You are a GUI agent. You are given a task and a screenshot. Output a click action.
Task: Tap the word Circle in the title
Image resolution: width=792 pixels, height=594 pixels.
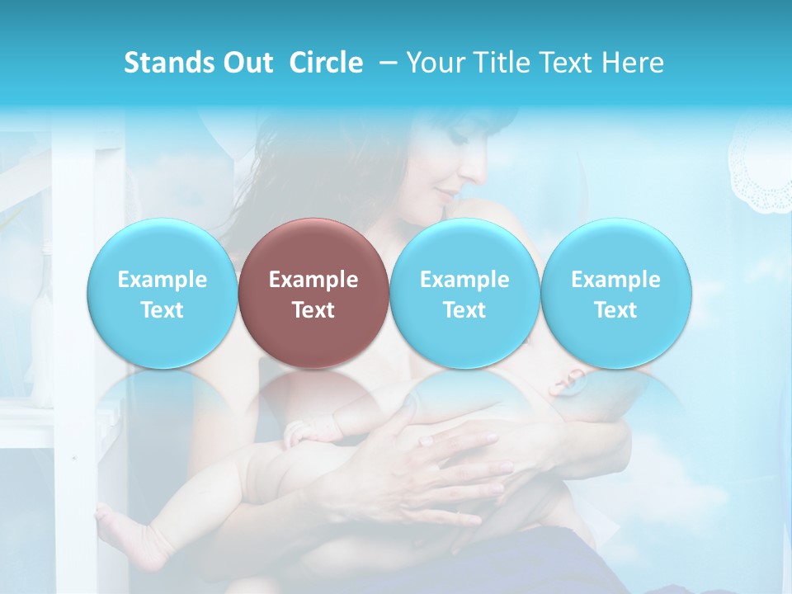click(326, 63)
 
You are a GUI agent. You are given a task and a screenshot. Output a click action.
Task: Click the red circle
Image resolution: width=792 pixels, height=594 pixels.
click(313, 294)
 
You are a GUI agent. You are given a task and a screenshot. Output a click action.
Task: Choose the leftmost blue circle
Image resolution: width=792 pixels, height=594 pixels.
click(162, 294)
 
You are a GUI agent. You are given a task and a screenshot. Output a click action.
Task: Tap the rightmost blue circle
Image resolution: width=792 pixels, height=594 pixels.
click(615, 294)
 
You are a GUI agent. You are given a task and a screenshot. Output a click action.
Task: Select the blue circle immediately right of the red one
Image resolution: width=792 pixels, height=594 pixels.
click(464, 294)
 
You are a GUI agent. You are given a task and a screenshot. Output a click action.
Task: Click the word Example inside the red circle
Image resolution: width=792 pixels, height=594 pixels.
click(313, 280)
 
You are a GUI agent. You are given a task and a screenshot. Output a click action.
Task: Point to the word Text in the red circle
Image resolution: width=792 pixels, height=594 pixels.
click(313, 310)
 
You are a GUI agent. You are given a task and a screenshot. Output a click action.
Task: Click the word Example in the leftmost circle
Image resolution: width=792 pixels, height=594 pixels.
click(162, 280)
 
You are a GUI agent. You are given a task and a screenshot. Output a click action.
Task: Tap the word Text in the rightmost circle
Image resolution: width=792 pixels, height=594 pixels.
click(615, 310)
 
